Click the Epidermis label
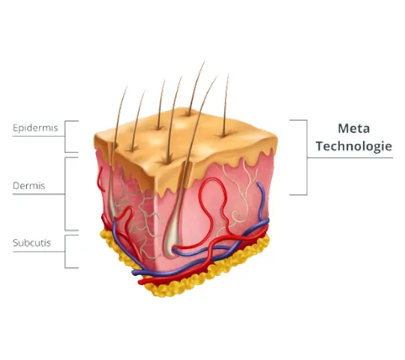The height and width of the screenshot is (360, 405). point(35,128)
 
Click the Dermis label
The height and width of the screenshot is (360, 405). point(29,186)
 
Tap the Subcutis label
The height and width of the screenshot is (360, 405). point(31,243)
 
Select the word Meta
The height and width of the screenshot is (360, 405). point(354,128)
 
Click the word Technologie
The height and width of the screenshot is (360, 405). point(354,146)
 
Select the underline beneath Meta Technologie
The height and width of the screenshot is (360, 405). point(350,157)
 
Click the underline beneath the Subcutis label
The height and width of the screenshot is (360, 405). point(38,251)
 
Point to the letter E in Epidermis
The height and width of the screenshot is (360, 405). point(16,127)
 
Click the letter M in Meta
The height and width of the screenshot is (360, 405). point(343,128)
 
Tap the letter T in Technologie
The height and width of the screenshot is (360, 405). point(319,146)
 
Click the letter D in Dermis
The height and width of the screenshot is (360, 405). point(16,186)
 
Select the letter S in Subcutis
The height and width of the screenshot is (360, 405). point(16,243)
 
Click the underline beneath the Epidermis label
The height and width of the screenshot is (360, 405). point(38,136)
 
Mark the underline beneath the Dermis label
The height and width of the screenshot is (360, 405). point(38,194)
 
